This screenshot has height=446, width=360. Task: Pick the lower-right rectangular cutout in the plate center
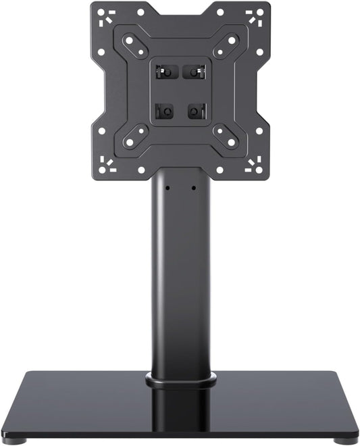(x=197, y=110)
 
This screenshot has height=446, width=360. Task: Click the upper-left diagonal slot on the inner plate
(x=135, y=46)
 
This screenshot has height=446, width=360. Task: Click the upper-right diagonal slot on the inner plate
(x=225, y=46)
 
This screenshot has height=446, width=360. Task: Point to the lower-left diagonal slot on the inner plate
(x=135, y=136)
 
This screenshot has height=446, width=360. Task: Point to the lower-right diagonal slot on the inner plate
(x=225, y=136)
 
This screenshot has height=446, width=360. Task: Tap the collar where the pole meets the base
(x=180, y=380)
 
